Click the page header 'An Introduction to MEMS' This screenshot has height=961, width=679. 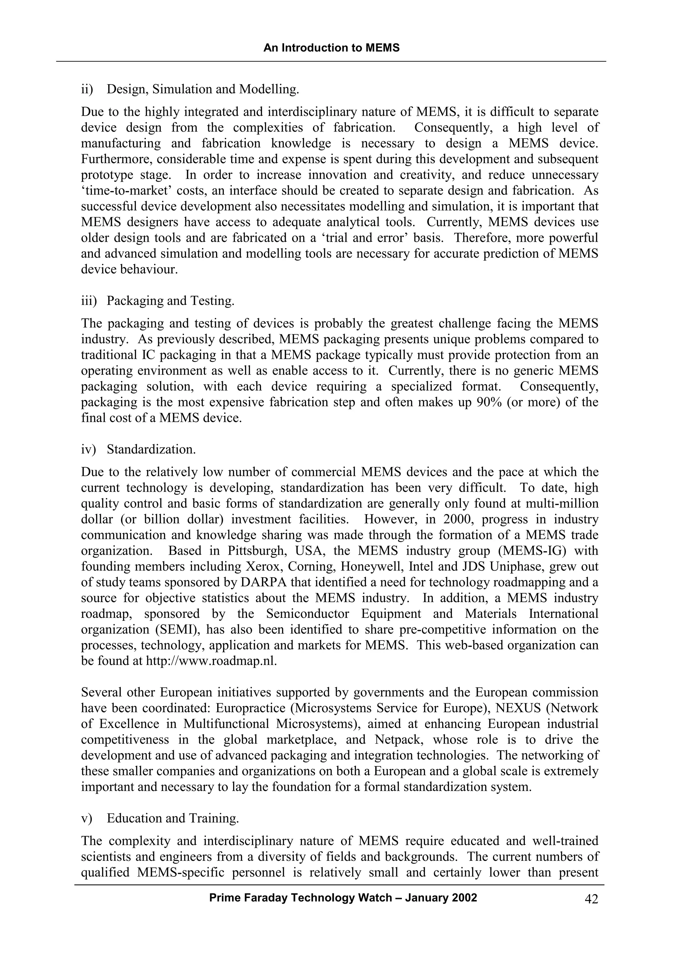coord(331,48)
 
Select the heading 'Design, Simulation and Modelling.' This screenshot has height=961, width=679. coord(203,89)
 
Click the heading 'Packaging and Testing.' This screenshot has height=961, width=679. coord(171,300)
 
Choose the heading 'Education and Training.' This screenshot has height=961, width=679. coord(173,818)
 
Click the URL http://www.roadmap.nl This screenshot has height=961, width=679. coord(211,661)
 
